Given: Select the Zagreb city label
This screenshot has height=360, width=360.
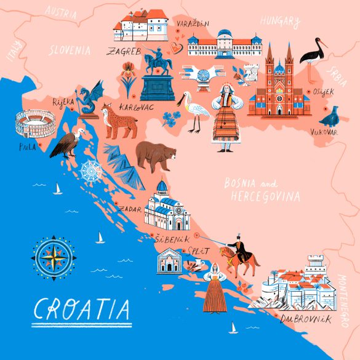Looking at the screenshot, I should tap(124, 50).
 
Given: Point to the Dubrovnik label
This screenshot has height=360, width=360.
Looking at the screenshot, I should tap(305, 319).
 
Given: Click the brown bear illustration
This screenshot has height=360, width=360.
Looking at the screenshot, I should tap(156, 156).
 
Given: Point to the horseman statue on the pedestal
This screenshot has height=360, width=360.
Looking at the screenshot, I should tap(157, 77).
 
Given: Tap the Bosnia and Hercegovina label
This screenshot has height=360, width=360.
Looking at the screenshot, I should tap(262, 190).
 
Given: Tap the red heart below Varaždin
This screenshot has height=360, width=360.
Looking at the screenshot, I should tap(177, 45).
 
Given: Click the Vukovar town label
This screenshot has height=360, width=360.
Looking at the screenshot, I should tap(323, 132).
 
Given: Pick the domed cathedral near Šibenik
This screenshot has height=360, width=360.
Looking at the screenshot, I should tap(165, 206).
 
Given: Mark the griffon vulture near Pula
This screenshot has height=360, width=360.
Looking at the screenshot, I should tap(63, 143).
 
